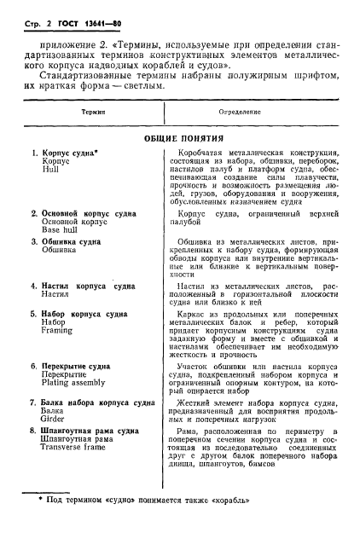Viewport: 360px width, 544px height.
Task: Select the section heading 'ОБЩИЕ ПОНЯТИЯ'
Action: click(x=180, y=137)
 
